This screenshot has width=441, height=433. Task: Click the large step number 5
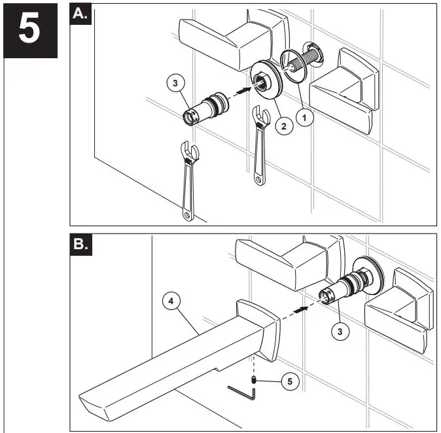[30, 29]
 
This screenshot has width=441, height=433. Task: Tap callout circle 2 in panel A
[283, 126]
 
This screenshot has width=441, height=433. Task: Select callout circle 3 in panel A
[175, 83]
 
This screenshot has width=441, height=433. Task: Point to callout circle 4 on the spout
[171, 302]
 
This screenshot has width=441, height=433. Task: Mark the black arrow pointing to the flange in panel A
[243, 91]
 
